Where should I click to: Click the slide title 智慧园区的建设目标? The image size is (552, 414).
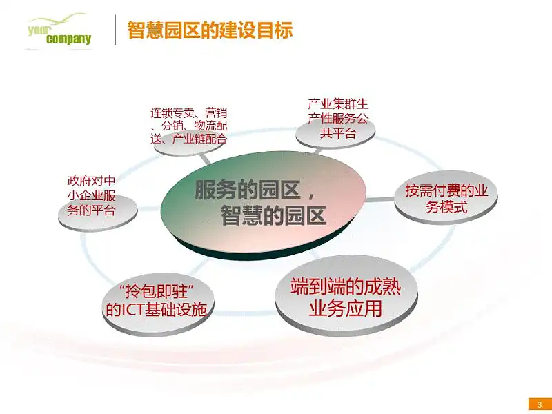210,30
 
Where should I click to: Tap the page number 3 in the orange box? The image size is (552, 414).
540,404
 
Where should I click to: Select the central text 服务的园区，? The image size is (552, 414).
255,190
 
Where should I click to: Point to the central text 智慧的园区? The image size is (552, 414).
273,215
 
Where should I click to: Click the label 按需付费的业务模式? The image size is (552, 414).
446,198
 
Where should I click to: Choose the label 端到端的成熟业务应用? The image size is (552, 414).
346,297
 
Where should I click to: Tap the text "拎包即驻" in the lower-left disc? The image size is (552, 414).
157,292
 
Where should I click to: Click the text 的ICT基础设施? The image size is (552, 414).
157,309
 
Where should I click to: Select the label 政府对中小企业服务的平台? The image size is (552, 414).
92,196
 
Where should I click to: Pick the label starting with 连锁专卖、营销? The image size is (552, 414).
189,126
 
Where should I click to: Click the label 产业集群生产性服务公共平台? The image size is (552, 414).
338,118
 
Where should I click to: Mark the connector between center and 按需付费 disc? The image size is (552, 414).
379,199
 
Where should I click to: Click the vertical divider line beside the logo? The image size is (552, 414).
115,30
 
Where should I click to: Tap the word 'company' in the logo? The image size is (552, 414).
68,39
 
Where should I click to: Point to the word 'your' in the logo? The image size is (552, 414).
39,30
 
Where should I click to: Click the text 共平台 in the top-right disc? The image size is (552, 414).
338,133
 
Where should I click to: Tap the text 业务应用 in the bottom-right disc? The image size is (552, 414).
346,308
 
